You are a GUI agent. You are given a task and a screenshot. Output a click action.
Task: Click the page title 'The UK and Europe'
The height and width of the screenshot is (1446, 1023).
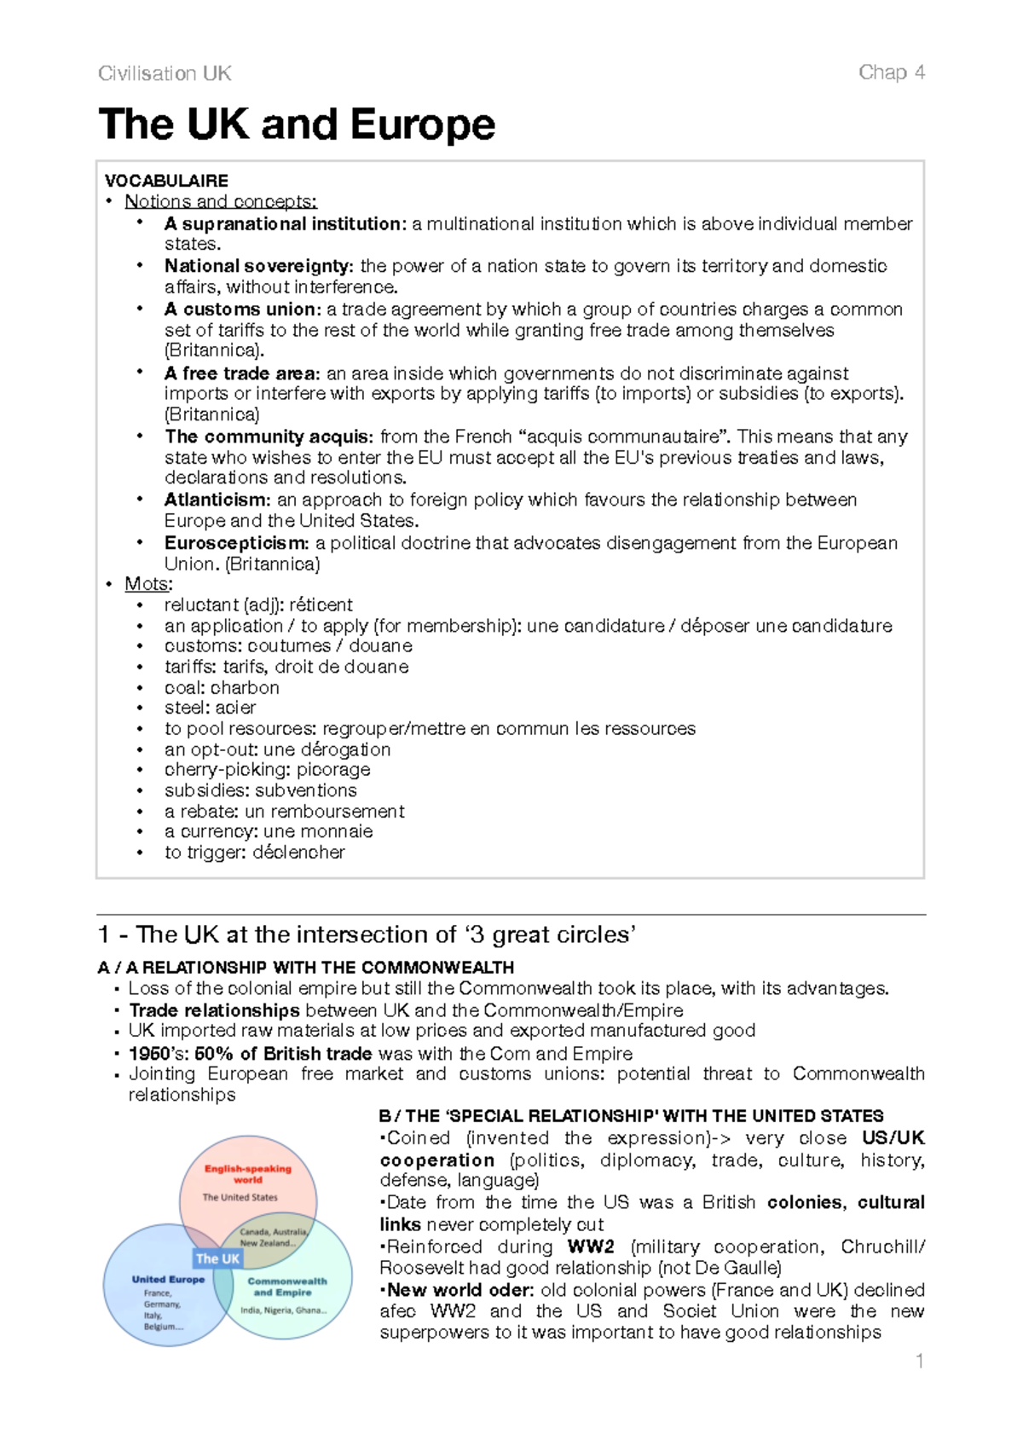[297, 124]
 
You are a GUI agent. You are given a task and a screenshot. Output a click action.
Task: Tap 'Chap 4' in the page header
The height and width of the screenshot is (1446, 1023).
[891, 72]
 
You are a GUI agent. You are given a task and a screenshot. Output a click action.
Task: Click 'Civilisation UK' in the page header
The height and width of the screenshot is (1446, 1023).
[165, 73]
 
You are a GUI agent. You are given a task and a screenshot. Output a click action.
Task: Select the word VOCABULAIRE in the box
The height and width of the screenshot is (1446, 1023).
[166, 181]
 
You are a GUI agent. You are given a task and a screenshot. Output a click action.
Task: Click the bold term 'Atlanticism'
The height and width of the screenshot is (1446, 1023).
[217, 500]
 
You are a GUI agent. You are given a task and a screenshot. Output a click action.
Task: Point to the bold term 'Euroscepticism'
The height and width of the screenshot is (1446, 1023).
[236, 543]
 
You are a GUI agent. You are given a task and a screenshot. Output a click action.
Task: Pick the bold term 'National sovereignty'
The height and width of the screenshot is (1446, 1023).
[257, 266]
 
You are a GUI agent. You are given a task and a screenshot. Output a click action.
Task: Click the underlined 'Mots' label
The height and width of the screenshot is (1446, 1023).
[147, 584]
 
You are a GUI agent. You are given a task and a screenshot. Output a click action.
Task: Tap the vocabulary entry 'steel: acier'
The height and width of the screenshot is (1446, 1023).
[210, 708]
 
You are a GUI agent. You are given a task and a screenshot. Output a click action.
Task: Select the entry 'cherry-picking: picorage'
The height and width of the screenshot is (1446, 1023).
[267, 769]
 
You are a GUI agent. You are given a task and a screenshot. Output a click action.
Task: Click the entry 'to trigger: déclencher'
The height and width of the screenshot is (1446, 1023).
[254, 852]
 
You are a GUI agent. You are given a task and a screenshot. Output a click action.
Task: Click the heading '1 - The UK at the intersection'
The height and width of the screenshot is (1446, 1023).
[367, 934]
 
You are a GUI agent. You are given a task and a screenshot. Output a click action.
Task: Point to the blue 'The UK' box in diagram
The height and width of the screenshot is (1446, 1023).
[217, 1258]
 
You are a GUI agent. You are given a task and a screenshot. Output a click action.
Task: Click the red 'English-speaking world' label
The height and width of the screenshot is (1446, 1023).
[247, 1174]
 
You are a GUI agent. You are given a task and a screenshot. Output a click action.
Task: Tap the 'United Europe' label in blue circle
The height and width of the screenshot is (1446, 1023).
[168, 1279]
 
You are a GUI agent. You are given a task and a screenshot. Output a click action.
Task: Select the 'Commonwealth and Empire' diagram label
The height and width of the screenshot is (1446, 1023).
[286, 1287]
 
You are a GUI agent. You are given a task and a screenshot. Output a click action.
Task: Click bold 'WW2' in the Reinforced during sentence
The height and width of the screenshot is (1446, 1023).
[591, 1246]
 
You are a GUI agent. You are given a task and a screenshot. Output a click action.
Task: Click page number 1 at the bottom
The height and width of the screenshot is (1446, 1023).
[919, 1362]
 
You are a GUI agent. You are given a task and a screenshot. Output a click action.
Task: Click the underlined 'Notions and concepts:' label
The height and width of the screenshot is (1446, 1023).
[220, 202]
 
